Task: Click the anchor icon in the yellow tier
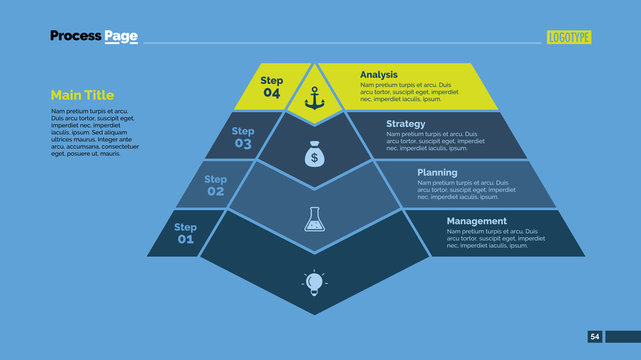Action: pyautogui.click(x=315, y=99)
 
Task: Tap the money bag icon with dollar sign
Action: pyautogui.click(x=314, y=156)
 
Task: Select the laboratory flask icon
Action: pyautogui.click(x=315, y=219)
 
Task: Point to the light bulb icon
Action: pyautogui.click(x=315, y=284)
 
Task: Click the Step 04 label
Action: pyautogui.click(x=272, y=87)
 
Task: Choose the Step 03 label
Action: pyautogui.click(x=243, y=137)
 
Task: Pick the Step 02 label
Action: pyautogui.click(x=216, y=185)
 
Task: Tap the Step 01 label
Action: pyautogui.click(x=186, y=233)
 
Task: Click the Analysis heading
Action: pyautogui.click(x=379, y=74)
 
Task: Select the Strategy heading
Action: pyautogui.click(x=406, y=124)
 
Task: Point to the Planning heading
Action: pyautogui.click(x=437, y=172)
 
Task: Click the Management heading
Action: pyautogui.click(x=476, y=221)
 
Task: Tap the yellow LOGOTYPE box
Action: pyautogui.click(x=569, y=37)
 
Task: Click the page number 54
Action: pyautogui.click(x=595, y=337)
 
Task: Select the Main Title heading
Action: pyautogui.click(x=82, y=95)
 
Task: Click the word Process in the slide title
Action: pyautogui.click(x=76, y=36)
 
